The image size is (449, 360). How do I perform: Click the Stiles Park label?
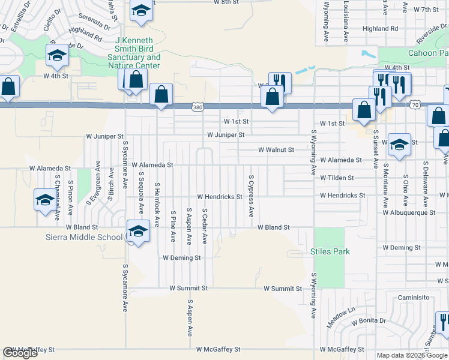coord(330,251)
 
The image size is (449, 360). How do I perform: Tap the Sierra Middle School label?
coord(84,237)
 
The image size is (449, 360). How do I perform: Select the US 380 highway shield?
coord(197,107)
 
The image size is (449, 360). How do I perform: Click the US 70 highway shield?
coord(415,105)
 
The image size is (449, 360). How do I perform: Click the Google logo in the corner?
coord(20,353)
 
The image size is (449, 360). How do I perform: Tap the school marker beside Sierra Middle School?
coord(138,231)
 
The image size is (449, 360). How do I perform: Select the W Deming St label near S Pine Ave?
coord(181,257)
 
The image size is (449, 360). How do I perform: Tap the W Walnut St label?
coord(276,149)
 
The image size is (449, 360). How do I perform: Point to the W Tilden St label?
coord(337,178)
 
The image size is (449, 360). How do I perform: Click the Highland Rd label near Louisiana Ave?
coord(381,28)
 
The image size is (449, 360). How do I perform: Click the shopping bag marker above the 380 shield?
coord(161,94)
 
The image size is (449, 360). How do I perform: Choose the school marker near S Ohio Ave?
coord(399,145)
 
